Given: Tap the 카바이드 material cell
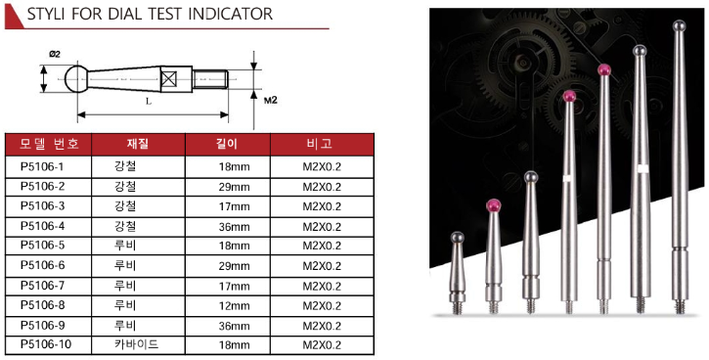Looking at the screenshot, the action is pos(137,344).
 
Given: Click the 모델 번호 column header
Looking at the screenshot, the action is pos(49,144).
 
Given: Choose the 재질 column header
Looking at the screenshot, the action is pos(138,144).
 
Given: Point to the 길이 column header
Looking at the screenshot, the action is pos(228,144).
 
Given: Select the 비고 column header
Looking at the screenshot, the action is pos(322,144).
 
